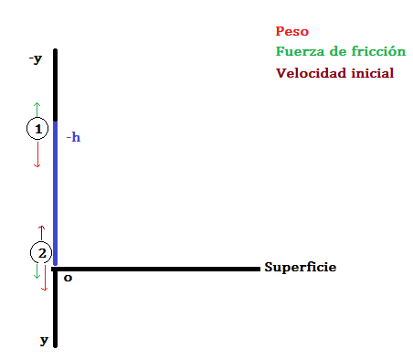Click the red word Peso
pyautogui.click(x=292, y=31)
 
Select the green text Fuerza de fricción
pyautogui.click(x=341, y=51)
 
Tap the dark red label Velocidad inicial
pyautogui.click(x=334, y=73)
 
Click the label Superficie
pyautogui.click(x=301, y=267)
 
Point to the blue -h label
pyautogui.click(x=73, y=137)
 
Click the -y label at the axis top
pyautogui.click(x=36, y=58)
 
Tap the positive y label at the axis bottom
pyautogui.click(x=44, y=340)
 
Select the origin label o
pyautogui.click(x=68, y=278)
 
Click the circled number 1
pyautogui.click(x=37, y=129)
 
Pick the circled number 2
pyautogui.click(x=41, y=253)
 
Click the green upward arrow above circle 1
pyautogui.click(x=37, y=110)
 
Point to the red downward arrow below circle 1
pyautogui.click(x=37, y=154)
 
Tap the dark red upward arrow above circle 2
pyautogui.click(x=41, y=233)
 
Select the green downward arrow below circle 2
pyautogui.click(x=37, y=271)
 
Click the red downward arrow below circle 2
pyautogui.click(x=45, y=278)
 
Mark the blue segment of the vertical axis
pyautogui.click(x=56, y=193)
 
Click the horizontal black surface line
pyautogui.click(x=155, y=269)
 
